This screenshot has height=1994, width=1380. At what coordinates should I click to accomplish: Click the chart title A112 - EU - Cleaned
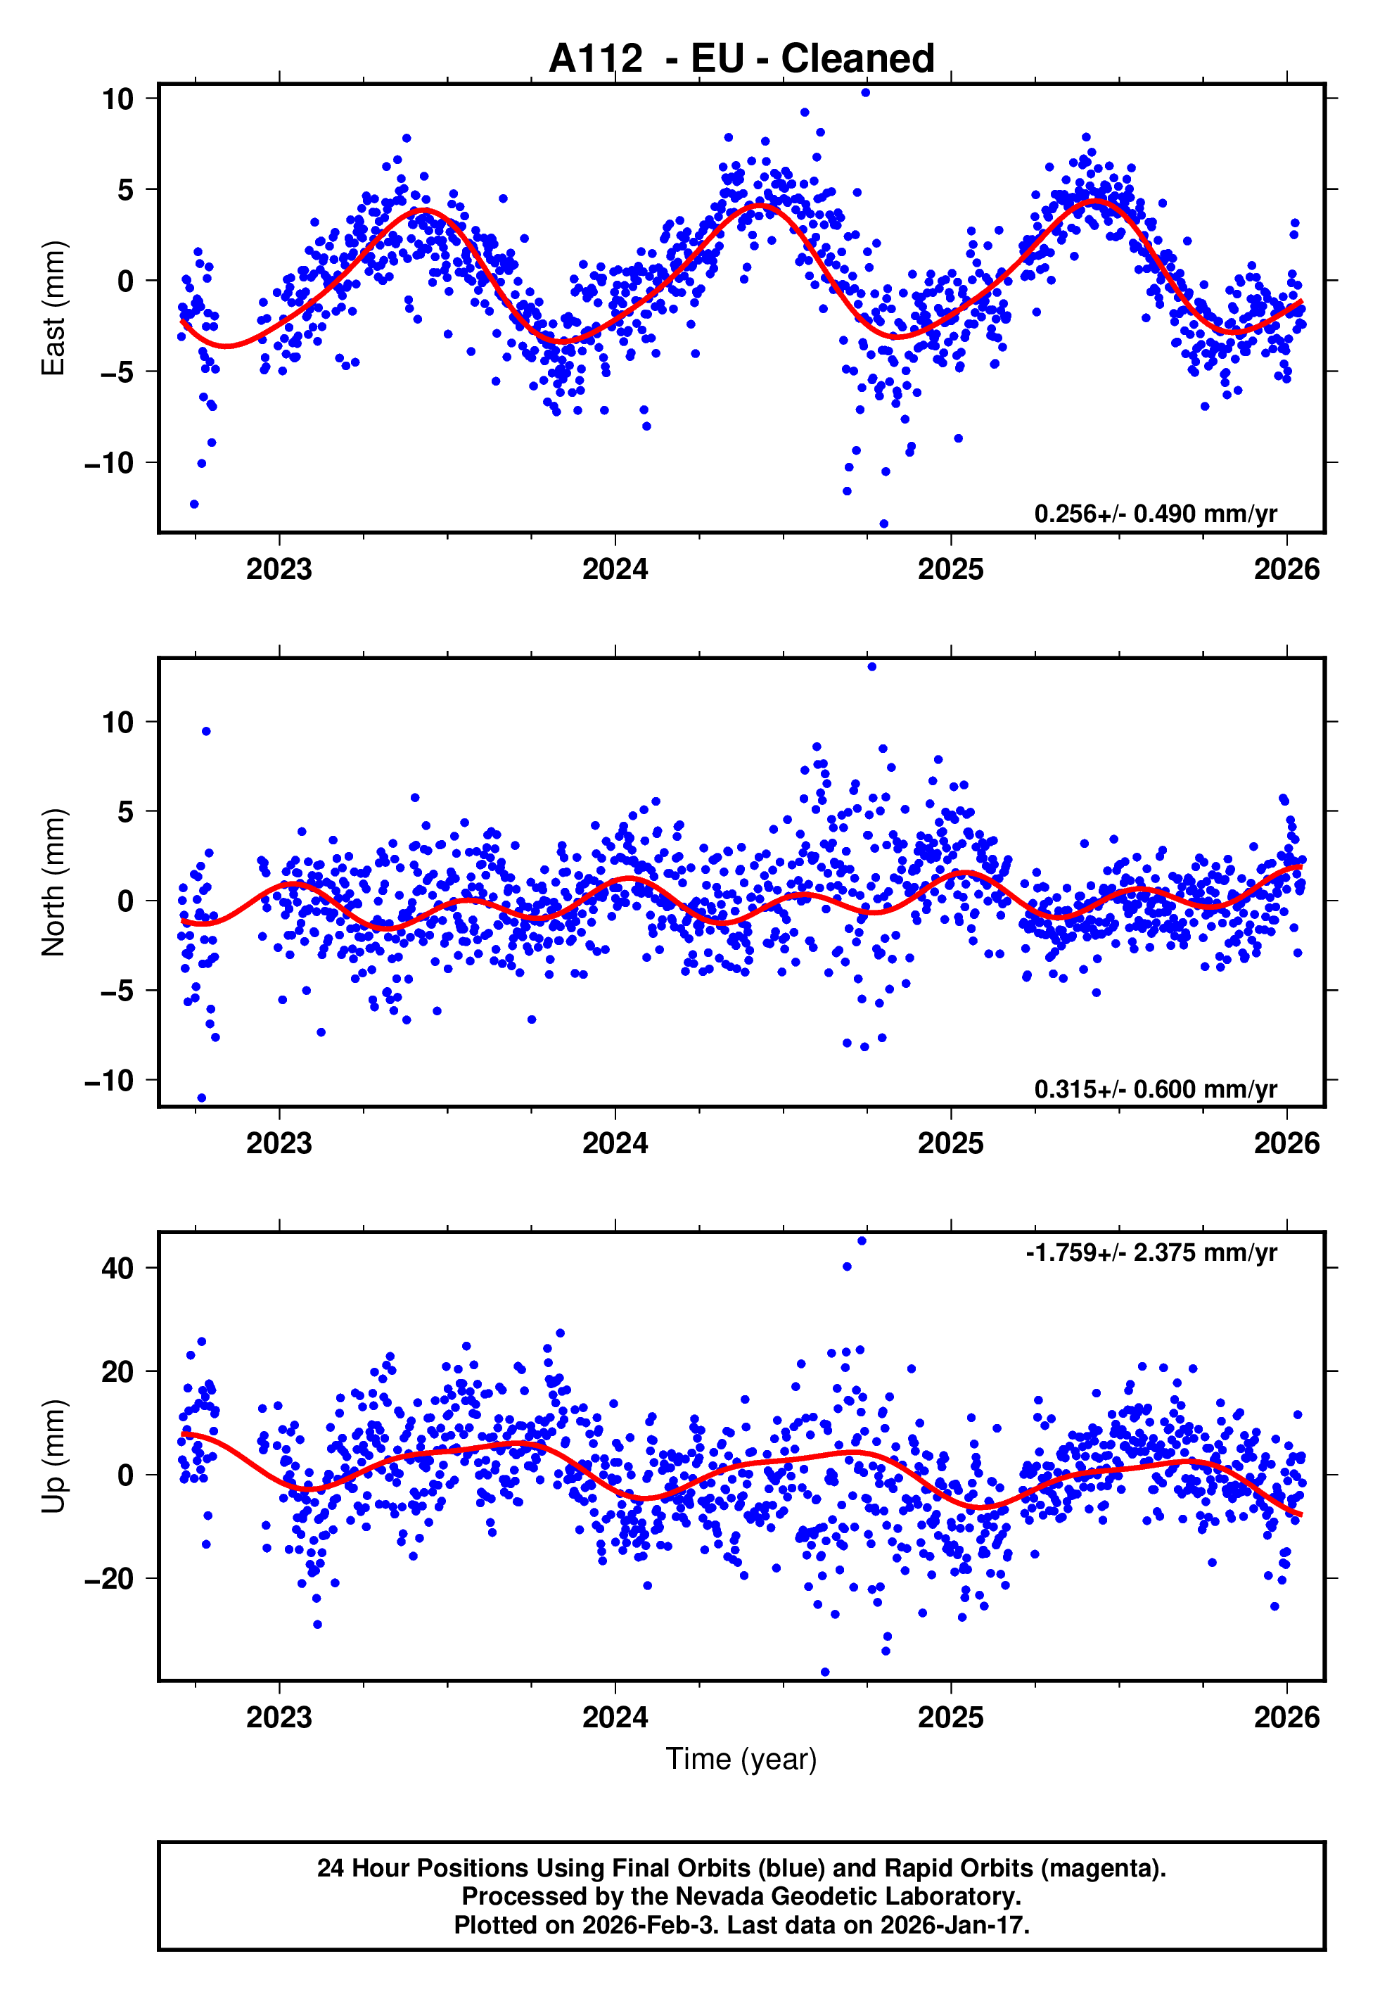click(x=741, y=59)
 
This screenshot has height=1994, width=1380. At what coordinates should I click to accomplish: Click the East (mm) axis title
click(x=53, y=309)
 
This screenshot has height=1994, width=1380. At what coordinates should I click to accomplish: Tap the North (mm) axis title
click(x=53, y=882)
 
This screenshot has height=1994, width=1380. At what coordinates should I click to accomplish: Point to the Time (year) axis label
click(x=741, y=1759)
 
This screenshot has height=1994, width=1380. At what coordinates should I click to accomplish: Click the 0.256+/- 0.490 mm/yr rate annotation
click(x=1155, y=514)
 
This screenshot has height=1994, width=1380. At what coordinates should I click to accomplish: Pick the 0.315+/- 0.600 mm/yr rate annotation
click(x=1155, y=1088)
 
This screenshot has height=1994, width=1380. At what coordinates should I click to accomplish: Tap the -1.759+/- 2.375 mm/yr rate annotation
click(x=1151, y=1252)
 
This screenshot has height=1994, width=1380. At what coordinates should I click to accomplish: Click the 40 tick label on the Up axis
click(x=117, y=1269)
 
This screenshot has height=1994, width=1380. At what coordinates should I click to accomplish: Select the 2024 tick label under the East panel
click(x=615, y=569)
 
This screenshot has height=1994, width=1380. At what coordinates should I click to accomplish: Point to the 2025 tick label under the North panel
click(x=950, y=1143)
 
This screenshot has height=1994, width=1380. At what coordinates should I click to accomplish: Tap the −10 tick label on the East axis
click(x=109, y=464)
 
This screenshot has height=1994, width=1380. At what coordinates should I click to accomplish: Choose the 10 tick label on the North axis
click(x=117, y=722)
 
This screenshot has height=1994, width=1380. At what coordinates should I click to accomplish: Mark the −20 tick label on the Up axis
click(x=109, y=1579)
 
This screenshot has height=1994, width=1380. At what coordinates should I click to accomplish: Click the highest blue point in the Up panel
click(x=861, y=1241)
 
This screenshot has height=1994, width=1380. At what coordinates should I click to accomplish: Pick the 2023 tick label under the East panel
click(x=279, y=569)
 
